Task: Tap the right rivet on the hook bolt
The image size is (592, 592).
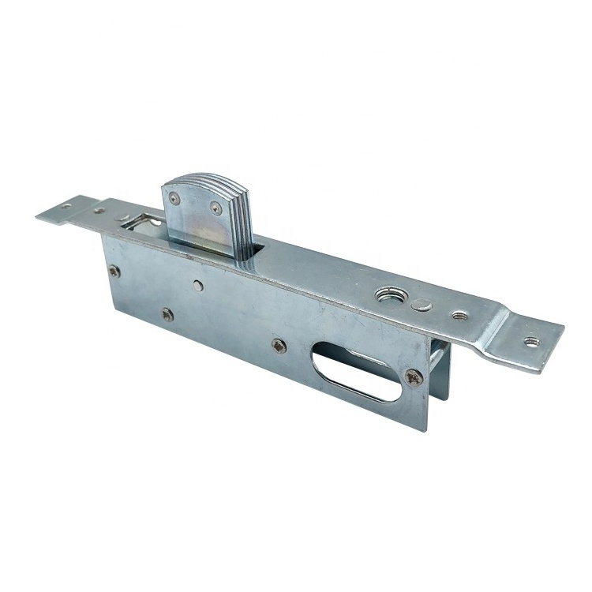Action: coord(215,208)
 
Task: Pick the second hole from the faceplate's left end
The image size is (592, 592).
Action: coord(99,211)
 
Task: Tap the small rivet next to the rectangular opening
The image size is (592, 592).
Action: coord(124,219)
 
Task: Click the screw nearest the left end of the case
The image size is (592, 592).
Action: coord(114,271)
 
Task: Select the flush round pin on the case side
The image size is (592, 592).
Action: coord(197,285)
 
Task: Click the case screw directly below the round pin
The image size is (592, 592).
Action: coord(167,314)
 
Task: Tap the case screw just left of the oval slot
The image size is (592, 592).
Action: coord(279,345)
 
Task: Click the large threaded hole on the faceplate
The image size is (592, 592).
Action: coord(389,295)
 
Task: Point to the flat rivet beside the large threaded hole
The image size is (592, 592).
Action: coord(423,305)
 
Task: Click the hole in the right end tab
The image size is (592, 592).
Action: coord(530,342)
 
